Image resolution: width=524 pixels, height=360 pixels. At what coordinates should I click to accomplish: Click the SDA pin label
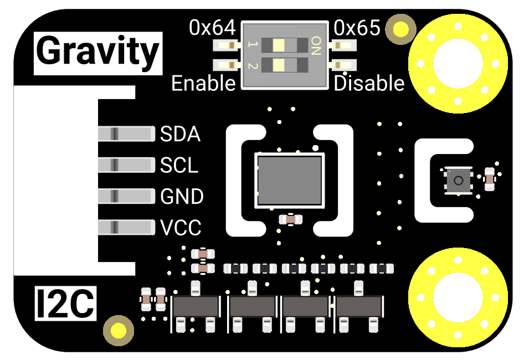pos(180,134)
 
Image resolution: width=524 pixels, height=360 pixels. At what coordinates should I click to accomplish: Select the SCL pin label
pos(179,165)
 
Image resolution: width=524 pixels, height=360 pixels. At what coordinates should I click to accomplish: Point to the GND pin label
pos(182,197)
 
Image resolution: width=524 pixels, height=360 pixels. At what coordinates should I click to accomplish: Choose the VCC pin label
pos(181,228)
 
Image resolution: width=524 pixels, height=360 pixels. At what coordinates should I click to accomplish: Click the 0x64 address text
pos(213,28)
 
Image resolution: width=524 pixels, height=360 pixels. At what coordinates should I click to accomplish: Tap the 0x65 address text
pos(357,28)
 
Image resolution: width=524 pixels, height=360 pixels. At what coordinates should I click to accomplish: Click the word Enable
pos(203,84)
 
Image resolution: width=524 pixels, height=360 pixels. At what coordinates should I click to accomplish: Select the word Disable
pos(369,84)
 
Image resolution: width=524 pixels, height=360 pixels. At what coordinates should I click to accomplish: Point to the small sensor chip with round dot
pos(458,179)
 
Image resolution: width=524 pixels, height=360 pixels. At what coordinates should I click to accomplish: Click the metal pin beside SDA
pos(126,133)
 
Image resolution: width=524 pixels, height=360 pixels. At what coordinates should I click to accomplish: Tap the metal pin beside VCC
pos(126,227)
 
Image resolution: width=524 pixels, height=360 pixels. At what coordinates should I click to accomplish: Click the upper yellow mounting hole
pos(458,64)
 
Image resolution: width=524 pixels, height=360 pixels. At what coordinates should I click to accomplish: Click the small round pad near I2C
pos(119,331)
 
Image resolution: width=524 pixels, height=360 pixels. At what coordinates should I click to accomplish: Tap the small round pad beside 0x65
pos(401,29)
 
